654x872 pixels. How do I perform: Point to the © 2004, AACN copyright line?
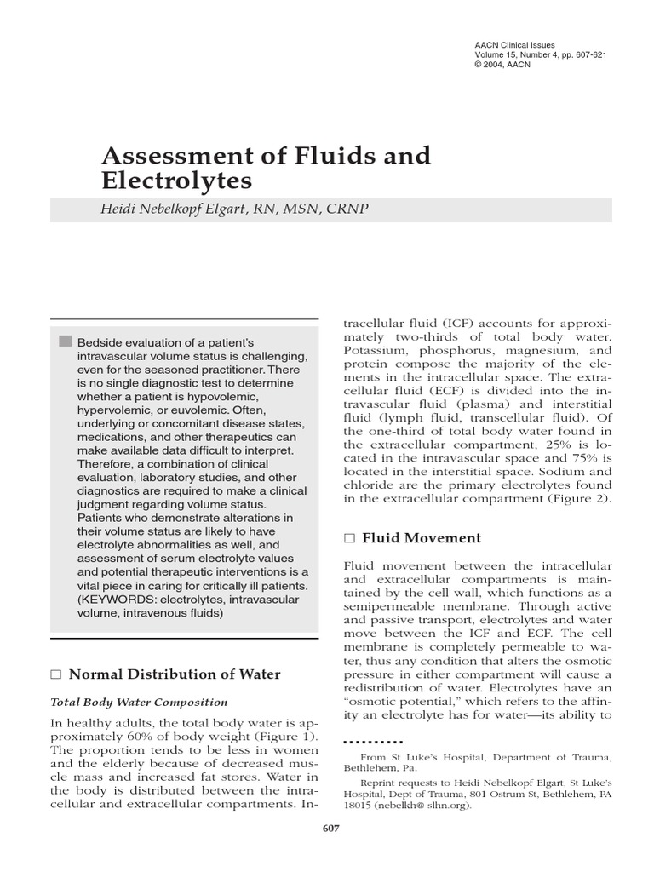coord(503,65)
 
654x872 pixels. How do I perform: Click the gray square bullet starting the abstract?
coord(65,341)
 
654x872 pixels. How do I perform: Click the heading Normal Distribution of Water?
coord(175,674)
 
